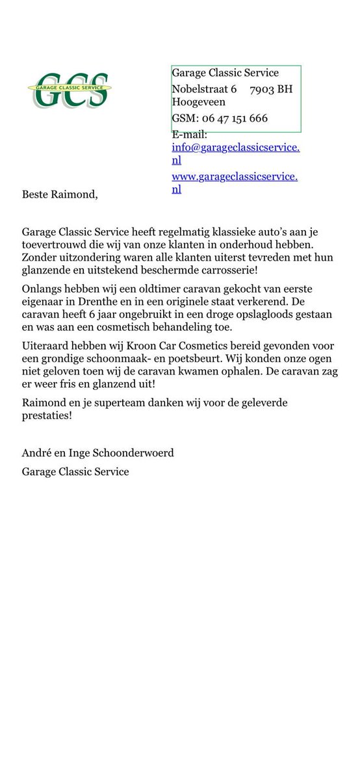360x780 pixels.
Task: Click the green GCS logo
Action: pyautogui.click(x=69, y=90)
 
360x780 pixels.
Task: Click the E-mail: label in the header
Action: pyautogui.click(x=189, y=135)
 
